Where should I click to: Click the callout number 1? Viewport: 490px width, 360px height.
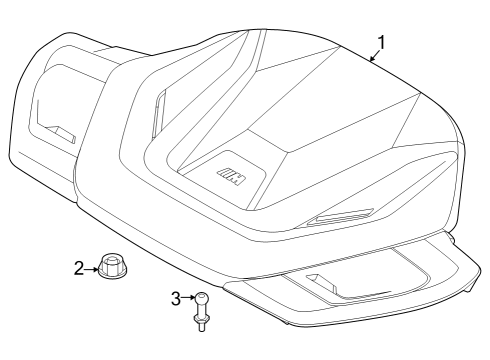(x=380, y=42)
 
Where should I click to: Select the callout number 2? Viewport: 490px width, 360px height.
(x=78, y=267)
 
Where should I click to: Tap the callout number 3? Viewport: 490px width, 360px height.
(x=176, y=298)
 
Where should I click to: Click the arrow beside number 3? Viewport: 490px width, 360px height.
(x=188, y=298)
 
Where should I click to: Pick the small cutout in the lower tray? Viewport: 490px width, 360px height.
(x=321, y=281)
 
